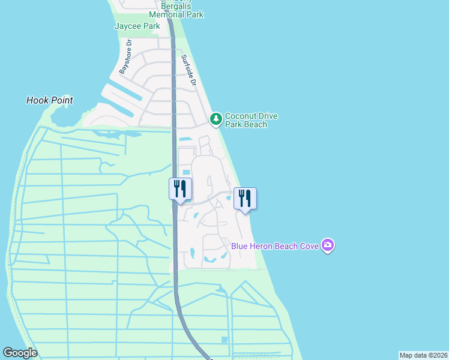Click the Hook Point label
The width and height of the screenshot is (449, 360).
point(50,100)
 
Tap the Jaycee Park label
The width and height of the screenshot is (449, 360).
point(137,26)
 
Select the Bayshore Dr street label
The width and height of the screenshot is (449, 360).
point(125,56)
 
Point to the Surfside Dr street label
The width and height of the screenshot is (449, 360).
point(189,70)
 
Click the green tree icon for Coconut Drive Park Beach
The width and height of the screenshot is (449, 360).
point(216,120)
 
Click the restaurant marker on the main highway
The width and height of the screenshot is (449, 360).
point(180,189)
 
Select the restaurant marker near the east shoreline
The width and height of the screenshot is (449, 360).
point(245,198)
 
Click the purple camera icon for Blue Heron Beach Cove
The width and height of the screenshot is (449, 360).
point(327,245)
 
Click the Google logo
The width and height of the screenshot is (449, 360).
point(20,353)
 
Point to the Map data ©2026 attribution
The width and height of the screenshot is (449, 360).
point(423,355)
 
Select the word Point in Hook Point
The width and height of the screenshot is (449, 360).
point(61,100)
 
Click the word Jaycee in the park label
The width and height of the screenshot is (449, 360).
point(128,26)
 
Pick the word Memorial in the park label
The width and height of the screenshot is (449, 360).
point(167,15)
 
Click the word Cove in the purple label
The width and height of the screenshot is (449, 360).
point(310,245)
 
